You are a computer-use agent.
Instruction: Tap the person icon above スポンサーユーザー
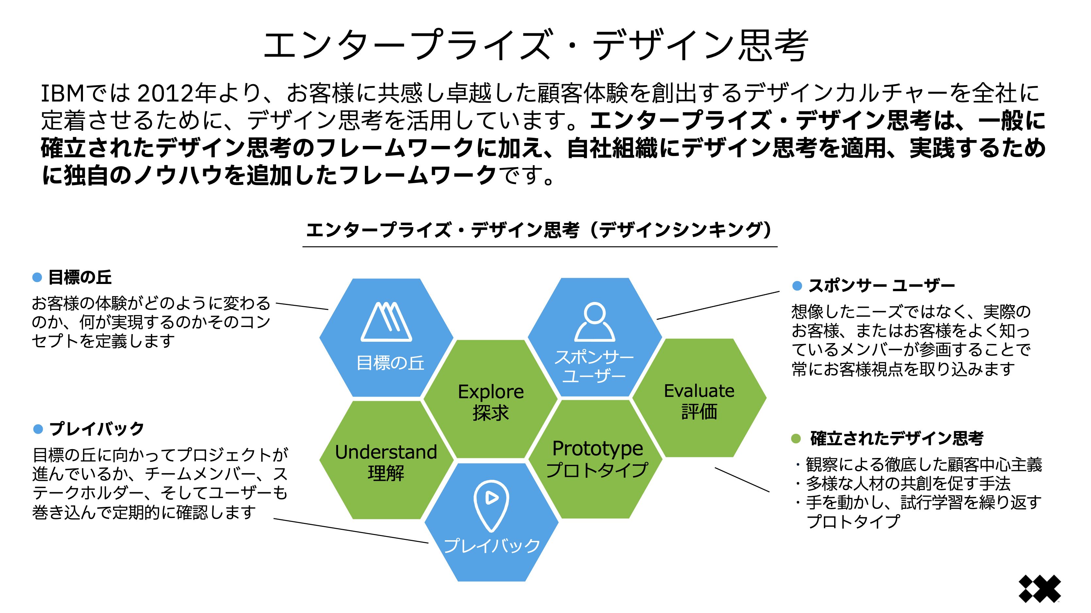point(594,322)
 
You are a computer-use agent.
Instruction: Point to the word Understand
point(386,452)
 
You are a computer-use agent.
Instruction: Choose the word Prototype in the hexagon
point(597,448)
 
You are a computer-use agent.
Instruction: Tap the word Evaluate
point(699,391)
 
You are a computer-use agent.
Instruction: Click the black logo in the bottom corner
point(1039,589)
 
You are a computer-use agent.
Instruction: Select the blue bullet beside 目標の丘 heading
point(37,278)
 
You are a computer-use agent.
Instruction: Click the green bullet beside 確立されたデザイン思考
point(796,439)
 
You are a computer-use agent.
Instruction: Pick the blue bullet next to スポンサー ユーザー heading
point(797,286)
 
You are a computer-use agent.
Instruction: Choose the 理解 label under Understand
point(386,473)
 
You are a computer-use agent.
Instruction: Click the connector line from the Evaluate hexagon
point(742,479)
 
